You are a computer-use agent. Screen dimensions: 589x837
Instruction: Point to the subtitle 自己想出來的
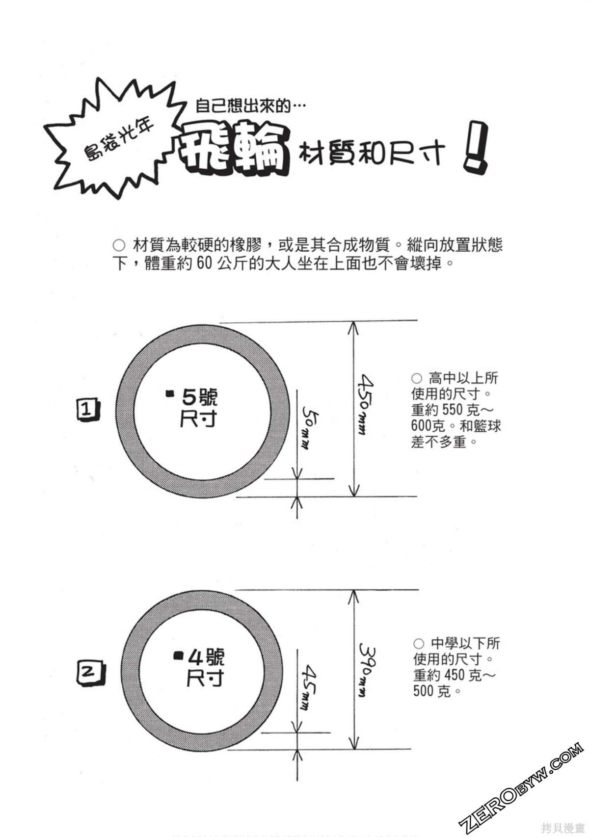pos(243,106)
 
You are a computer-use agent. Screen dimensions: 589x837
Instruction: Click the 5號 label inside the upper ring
pos(199,397)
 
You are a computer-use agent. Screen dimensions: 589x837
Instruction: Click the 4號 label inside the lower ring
pos(206,657)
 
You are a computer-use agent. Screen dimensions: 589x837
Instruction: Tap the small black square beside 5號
pos(170,393)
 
